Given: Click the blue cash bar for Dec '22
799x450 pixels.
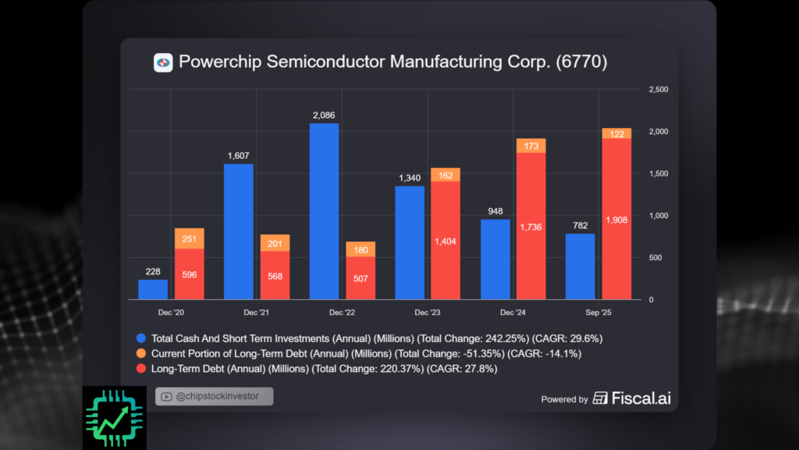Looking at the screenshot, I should (x=324, y=211).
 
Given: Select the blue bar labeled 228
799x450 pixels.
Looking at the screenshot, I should (x=153, y=290).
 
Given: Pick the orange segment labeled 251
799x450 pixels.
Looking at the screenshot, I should (x=189, y=238).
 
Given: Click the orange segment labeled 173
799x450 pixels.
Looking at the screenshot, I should (x=531, y=146).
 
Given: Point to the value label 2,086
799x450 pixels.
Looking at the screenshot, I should (x=324, y=116).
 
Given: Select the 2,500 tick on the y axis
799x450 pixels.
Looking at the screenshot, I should (x=659, y=90).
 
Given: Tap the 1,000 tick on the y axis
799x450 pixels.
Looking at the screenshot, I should (x=659, y=216).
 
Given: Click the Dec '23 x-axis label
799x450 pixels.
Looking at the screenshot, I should (x=428, y=312).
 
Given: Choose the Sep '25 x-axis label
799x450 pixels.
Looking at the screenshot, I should (x=598, y=312).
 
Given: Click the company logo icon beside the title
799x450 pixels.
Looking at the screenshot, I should (x=163, y=62).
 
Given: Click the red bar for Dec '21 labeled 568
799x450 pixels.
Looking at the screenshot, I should (x=275, y=275).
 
